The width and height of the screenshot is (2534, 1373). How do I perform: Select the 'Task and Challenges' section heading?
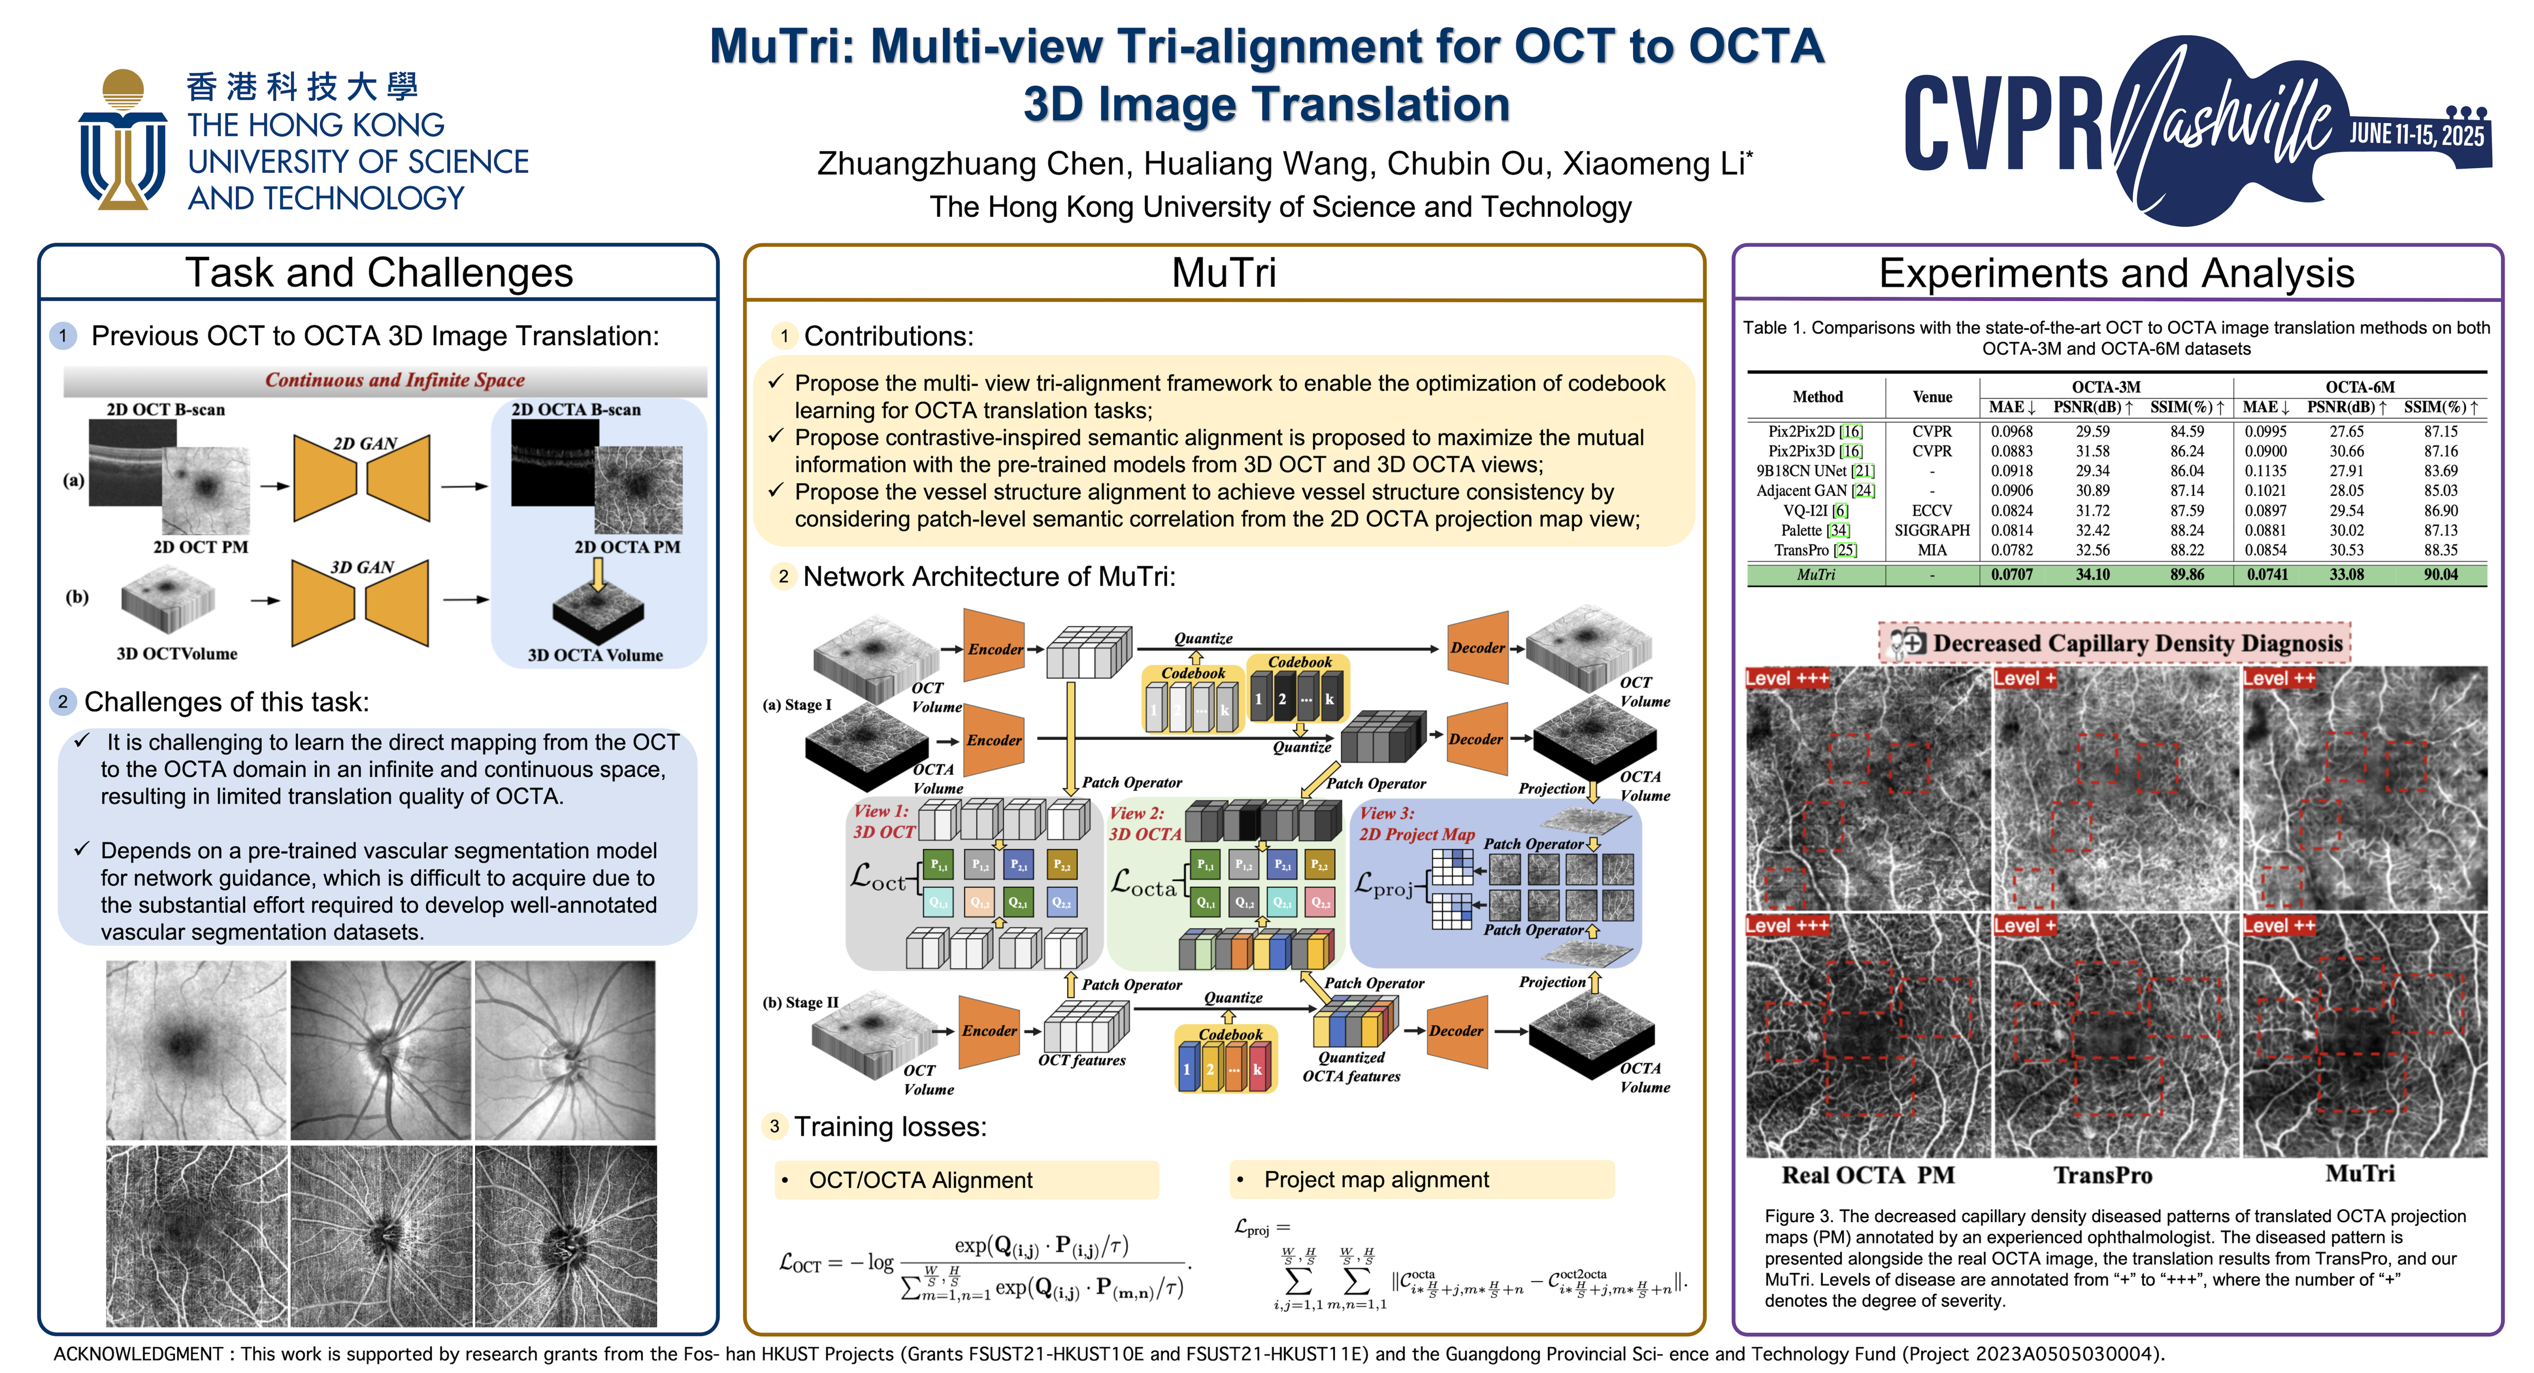[379, 273]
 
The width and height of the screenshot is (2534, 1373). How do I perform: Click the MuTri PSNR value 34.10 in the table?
[2093, 574]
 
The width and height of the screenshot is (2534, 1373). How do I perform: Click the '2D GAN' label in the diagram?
[364, 444]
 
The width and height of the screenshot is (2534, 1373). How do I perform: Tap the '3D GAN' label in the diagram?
[362, 568]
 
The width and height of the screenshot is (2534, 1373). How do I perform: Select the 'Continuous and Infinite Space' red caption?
[394, 380]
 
